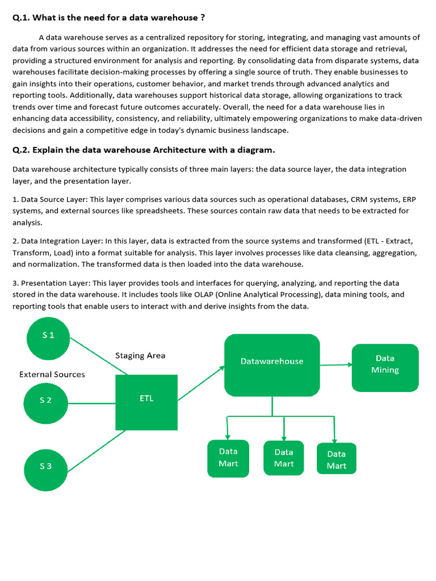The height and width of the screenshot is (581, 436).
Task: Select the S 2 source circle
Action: click(x=45, y=400)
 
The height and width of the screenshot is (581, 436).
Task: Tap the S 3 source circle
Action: click(x=45, y=466)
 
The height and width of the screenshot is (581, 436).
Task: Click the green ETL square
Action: click(x=146, y=402)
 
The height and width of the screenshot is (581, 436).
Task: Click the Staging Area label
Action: click(x=140, y=356)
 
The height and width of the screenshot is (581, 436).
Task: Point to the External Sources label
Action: click(x=52, y=374)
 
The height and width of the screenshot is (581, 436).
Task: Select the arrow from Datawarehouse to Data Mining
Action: click(x=336, y=365)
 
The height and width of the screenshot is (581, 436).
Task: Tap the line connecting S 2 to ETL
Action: click(x=91, y=403)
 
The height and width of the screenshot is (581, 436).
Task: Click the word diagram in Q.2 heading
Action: click(x=255, y=150)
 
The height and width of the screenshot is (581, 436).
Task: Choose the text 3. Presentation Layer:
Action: click(x=51, y=283)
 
